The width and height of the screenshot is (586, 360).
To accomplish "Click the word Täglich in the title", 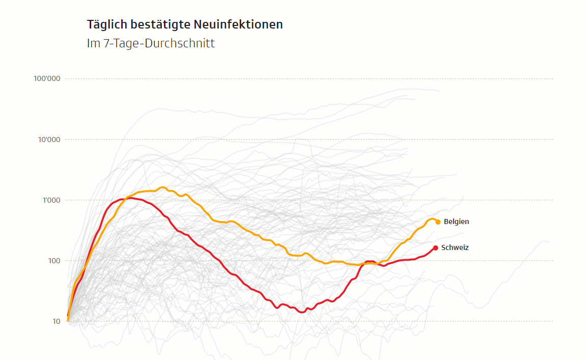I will tap(105, 24).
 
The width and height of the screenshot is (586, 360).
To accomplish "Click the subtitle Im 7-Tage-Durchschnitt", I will tap(151, 43).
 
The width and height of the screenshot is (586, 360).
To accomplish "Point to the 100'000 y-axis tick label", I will tap(47, 79).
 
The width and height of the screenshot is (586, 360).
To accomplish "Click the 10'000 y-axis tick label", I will tap(48, 140).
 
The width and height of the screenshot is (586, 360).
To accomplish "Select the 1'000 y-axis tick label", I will tap(50, 200).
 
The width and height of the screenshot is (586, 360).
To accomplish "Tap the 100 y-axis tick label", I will tap(53, 261).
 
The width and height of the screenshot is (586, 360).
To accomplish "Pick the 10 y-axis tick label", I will tap(55, 321).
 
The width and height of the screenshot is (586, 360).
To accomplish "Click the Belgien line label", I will tap(456, 221).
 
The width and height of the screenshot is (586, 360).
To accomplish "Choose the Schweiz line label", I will tap(455, 248).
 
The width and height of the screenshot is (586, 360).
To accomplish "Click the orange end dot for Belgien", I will tap(438, 222).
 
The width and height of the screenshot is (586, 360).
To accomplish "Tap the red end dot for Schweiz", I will tap(435, 248).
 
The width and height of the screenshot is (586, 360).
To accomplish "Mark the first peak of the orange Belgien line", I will tap(162, 187).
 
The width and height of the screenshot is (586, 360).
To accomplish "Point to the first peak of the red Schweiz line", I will tap(130, 198).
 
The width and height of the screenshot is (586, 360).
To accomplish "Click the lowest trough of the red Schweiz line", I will tap(302, 312).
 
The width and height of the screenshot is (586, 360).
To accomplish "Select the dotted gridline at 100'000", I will tap(305, 79).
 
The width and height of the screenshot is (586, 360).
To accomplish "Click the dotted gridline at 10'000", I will tap(305, 140).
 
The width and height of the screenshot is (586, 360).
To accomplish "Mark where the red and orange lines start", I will tap(68, 318).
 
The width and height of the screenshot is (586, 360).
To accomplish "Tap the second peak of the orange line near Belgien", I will tap(432, 219).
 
